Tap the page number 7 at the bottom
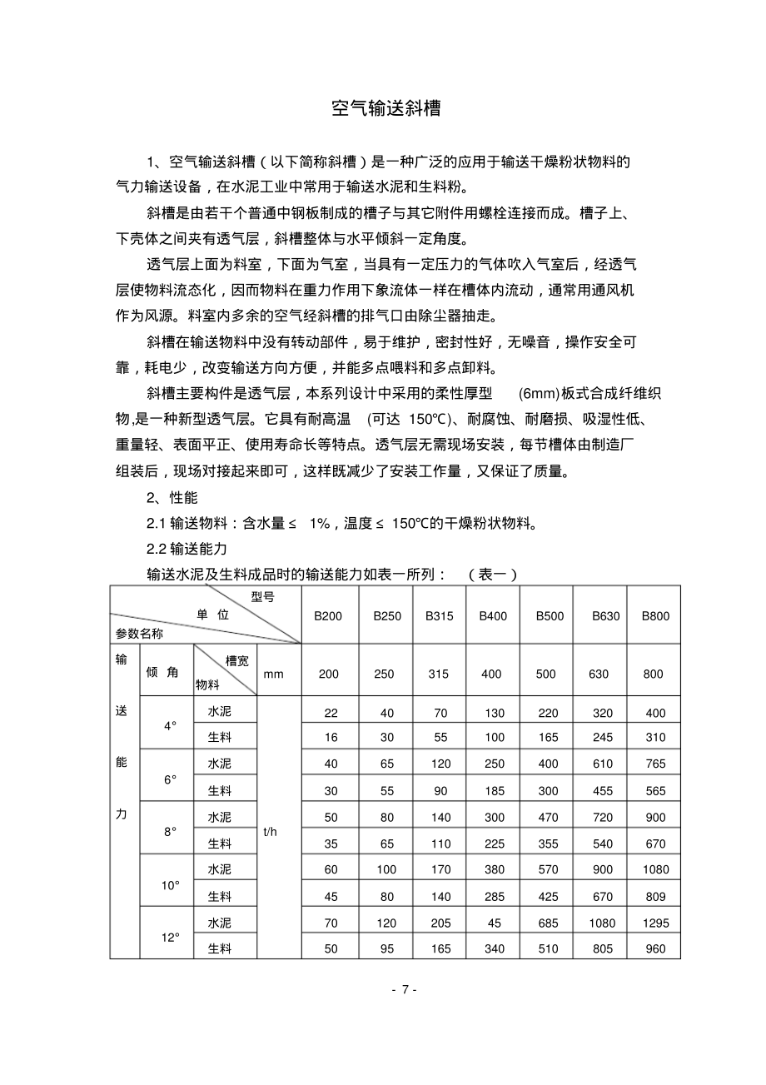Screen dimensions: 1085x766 click(404, 989)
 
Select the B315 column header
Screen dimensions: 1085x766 click(440, 616)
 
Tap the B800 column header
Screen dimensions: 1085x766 click(655, 616)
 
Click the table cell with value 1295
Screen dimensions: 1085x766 click(655, 923)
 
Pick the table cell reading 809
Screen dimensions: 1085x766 click(655, 897)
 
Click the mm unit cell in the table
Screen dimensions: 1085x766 click(273, 674)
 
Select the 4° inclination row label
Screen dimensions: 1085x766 click(171, 725)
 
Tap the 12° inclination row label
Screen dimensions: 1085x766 click(171, 937)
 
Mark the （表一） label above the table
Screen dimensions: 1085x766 click(493, 574)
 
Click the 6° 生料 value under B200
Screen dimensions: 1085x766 click(331, 791)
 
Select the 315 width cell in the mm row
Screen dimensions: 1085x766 click(440, 674)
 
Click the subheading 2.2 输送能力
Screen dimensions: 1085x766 click(186, 549)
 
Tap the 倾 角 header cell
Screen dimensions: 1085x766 click(162, 672)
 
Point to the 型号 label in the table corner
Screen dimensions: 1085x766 click(262, 597)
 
